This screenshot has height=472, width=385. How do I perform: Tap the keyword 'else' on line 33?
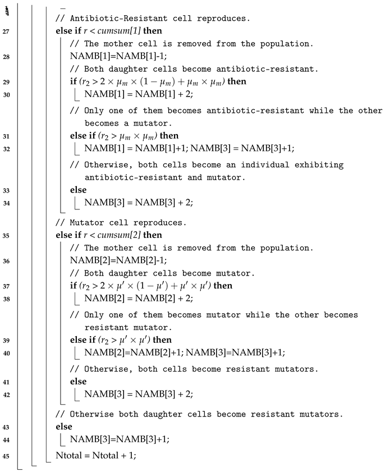click(x=79, y=190)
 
